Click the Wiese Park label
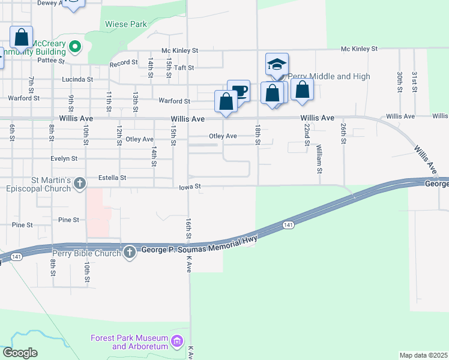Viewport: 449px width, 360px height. tap(126, 25)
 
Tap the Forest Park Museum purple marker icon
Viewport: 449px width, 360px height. tap(176, 341)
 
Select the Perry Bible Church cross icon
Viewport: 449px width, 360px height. tap(130, 253)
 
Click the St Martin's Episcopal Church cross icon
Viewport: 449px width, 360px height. tap(81, 185)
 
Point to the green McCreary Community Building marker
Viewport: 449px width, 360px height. tap(75, 46)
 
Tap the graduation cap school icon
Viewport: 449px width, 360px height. tap(277, 64)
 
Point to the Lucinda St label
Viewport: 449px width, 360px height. tap(77, 79)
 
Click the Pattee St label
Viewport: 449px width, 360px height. tap(50, 60)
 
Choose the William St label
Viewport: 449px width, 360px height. tap(319, 159)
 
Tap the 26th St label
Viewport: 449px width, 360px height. tap(343, 130)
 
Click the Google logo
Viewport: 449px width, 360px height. tap(20, 352)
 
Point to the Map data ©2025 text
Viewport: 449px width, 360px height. tap(423, 355)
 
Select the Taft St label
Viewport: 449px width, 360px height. tap(184, 68)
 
